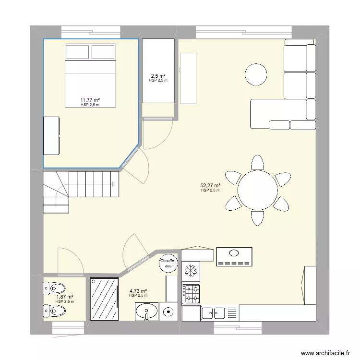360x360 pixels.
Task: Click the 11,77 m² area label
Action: tap(90, 100)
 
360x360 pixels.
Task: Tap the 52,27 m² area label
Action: tap(210, 185)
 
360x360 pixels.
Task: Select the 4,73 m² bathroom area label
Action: tap(138, 291)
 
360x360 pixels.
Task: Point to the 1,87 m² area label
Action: tap(65, 297)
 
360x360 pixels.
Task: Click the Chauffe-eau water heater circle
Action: tap(168, 264)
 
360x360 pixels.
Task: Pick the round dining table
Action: tap(258, 190)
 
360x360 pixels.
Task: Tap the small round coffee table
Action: tap(256, 74)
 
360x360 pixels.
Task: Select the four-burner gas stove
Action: tap(191, 294)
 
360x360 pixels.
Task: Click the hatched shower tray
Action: tap(104, 299)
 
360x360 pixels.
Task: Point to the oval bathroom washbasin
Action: tap(147, 312)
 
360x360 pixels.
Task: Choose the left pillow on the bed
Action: tap(77, 52)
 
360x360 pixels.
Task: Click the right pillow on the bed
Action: tap(103, 52)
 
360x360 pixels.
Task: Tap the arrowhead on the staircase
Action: tap(113, 184)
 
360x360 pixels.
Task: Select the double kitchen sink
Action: tap(213, 313)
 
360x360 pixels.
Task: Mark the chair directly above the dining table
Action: tap(257, 162)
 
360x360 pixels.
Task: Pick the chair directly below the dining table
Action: tap(257, 218)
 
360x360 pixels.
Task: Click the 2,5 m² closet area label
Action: tap(158, 76)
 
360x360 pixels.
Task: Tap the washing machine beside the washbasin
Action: tap(168, 312)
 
